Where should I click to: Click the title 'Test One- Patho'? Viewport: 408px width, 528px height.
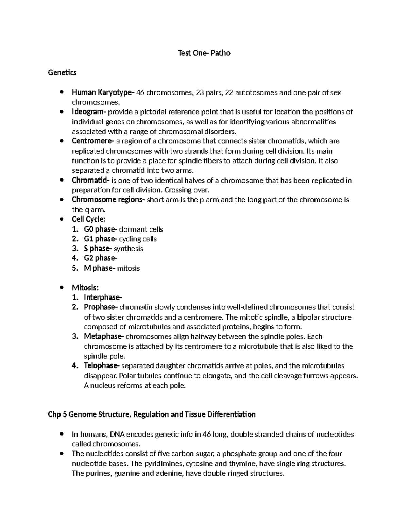204,53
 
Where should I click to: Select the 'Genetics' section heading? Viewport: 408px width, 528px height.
62,72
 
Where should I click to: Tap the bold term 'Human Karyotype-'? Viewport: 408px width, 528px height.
103,92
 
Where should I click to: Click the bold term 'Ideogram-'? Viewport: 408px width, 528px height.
89,112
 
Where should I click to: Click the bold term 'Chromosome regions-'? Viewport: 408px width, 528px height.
108,200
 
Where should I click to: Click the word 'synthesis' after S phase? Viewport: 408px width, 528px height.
128,249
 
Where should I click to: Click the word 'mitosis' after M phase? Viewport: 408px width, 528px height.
128,268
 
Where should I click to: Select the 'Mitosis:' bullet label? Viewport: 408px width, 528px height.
85,288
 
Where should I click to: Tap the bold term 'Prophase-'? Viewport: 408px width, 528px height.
101,307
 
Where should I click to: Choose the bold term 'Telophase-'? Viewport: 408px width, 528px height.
102,366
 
